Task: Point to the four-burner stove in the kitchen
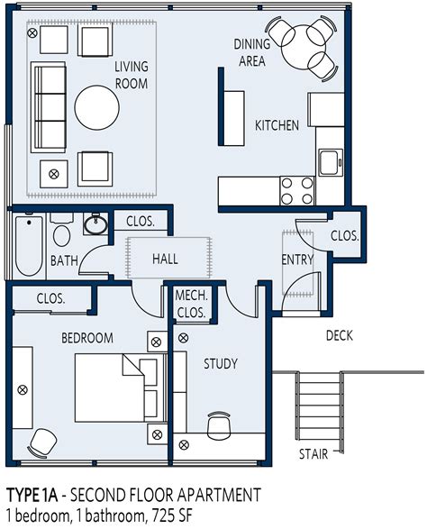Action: (x=296, y=191)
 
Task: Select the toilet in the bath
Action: (x=62, y=233)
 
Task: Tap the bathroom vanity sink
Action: (x=94, y=224)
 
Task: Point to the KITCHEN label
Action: (x=277, y=125)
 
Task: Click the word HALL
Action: (x=165, y=259)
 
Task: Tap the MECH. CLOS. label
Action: (x=191, y=304)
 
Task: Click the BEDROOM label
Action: (x=86, y=338)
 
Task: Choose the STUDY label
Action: (x=220, y=364)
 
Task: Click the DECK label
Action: (x=339, y=336)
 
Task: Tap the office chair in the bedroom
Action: (x=40, y=442)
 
